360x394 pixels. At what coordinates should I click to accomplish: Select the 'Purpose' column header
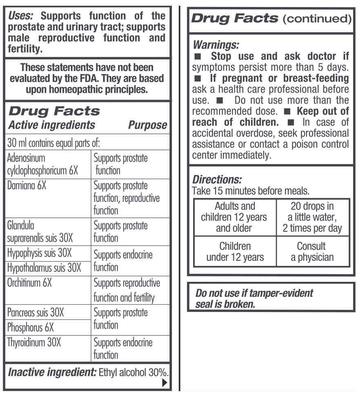[147, 125]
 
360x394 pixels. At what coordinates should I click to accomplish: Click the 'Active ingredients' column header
[51, 125]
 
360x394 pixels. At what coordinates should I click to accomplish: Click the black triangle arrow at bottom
[164, 382]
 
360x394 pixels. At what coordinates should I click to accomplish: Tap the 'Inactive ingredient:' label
[51, 372]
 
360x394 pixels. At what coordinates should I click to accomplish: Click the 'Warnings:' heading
[216, 44]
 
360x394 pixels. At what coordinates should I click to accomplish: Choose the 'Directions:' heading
[217, 179]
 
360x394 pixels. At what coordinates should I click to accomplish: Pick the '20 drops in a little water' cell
[312, 217]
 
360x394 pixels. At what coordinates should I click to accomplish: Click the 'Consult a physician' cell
[312, 252]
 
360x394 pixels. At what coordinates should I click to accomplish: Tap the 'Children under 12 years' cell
[235, 252]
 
